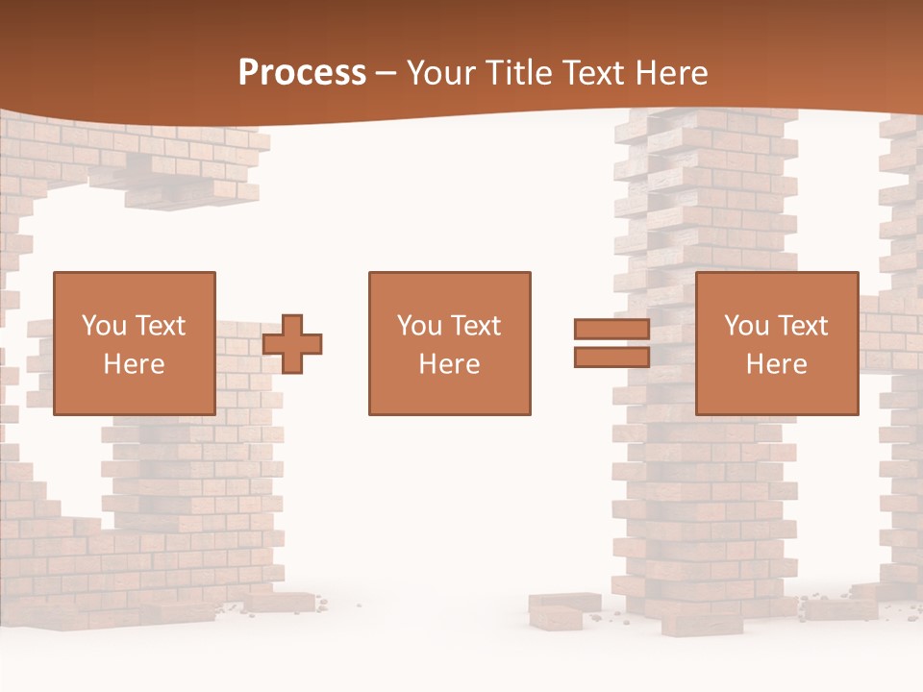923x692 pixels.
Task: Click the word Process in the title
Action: click(302, 73)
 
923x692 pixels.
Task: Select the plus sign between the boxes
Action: click(292, 343)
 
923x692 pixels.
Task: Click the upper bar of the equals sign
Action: click(611, 329)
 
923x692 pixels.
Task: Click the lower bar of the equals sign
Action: click(611, 358)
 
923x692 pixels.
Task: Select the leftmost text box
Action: click(135, 343)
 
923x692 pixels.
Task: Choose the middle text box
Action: click(449, 343)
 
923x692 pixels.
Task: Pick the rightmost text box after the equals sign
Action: click(777, 343)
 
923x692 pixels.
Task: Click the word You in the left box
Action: click(104, 326)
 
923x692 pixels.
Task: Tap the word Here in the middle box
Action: click(449, 364)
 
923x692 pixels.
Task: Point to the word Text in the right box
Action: click(804, 326)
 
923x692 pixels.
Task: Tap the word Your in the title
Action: click(439, 73)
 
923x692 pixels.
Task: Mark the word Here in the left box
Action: click(135, 364)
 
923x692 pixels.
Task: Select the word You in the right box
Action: click(747, 326)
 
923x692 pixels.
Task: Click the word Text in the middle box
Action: click(476, 326)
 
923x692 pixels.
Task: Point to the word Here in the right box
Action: click(777, 364)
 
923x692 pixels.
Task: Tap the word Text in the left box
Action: click(161, 326)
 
